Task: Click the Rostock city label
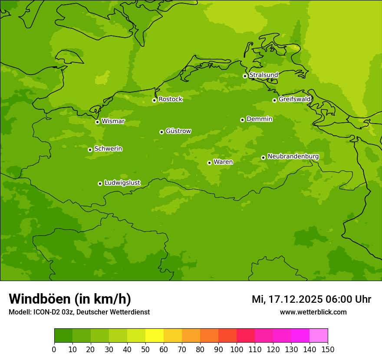(x=170, y=99)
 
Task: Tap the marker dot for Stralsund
(x=245, y=76)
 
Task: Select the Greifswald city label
(x=294, y=99)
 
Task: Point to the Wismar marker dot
(x=97, y=122)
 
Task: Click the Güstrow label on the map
(x=178, y=131)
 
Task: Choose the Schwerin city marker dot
(x=90, y=150)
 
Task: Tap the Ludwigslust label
(x=122, y=183)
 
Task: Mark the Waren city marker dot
(x=209, y=163)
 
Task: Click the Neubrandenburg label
(x=293, y=157)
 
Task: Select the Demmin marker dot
(x=242, y=120)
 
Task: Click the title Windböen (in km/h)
(x=70, y=299)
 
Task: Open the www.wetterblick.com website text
(x=313, y=312)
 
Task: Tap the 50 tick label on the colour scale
(x=145, y=349)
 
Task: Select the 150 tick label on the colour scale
(x=328, y=349)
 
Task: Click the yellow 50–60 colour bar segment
(x=155, y=336)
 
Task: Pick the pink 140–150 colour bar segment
(x=319, y=336)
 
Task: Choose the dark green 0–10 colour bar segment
(x=63, y=336)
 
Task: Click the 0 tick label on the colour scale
(x=54, y=349)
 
